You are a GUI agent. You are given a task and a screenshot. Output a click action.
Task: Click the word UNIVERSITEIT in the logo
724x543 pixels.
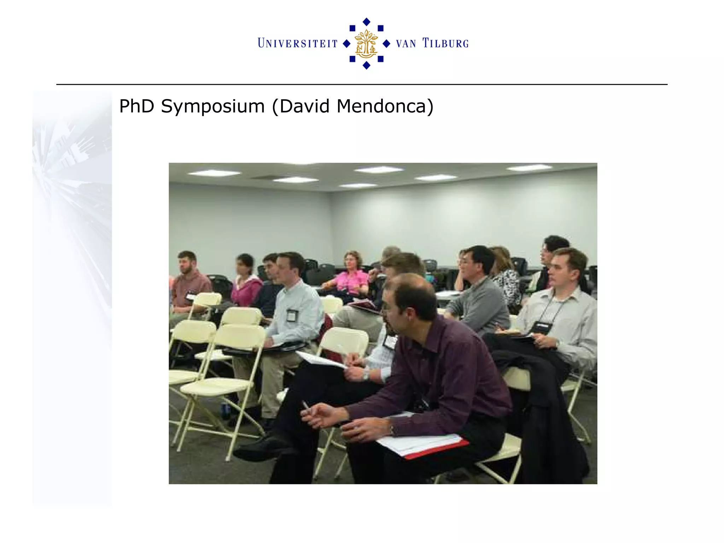[298, 43]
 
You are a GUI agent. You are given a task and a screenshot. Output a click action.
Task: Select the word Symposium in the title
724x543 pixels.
[212, 106]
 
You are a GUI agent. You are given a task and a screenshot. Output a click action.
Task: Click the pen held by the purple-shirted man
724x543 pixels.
[305, 404]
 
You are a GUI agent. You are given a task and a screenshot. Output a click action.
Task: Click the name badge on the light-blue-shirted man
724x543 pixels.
[292, 315]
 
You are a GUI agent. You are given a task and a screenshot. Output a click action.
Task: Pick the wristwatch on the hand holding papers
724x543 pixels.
[366, 375]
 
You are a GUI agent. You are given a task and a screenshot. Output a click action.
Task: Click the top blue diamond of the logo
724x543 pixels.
[367, 22]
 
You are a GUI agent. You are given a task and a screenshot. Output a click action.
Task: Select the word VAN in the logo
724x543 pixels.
[406, 44]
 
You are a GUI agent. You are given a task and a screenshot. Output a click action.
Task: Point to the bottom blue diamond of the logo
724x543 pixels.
[367, 65]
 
